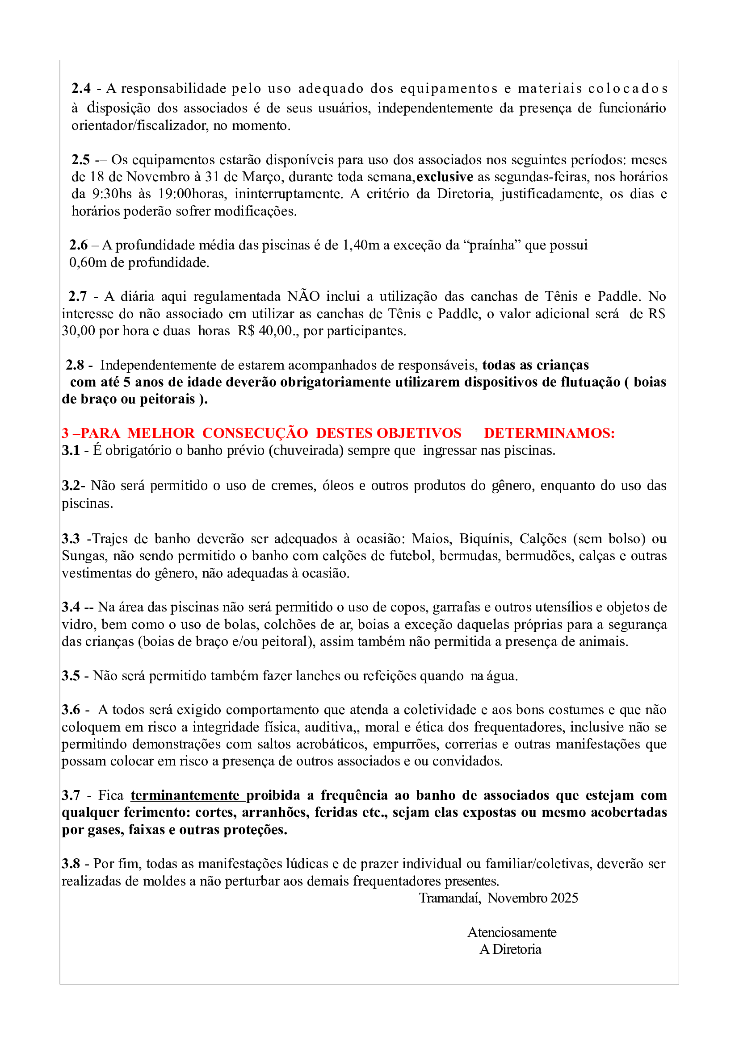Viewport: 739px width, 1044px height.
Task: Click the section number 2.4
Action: [81, 88]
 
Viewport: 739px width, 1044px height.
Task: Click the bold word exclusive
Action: [445, 177]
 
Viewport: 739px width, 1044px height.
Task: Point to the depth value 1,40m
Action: [361, 245]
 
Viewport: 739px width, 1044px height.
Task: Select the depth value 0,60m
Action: [88, 263]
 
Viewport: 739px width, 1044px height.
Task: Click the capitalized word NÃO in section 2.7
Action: [303, 296]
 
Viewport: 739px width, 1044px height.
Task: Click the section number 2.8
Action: [75, 365]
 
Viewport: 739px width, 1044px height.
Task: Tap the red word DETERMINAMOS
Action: [549, 433]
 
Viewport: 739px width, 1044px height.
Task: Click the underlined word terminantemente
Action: [185, 795]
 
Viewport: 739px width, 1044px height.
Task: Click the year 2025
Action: [564, 898]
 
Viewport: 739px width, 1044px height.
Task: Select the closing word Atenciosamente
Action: [512, 932]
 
